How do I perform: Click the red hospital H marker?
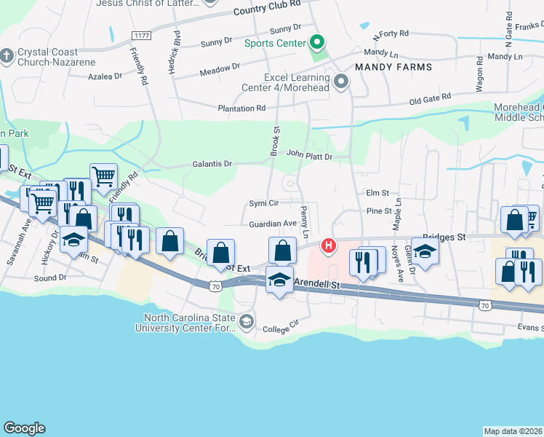pos(329,246)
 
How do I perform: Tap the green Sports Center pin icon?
pos(316,43)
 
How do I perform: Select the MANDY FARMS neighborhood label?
pos(393,67)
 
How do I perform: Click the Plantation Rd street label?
pos(242,109)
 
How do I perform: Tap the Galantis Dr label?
pos(212,164)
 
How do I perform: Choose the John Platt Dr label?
pos(309,155)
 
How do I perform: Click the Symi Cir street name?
pos(264,202)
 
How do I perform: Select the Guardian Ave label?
pos(273,224)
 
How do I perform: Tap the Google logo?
pos(24,428)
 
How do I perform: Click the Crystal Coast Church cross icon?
pos(7,56)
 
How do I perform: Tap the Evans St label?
pos(532,328)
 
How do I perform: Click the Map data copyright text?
pos(513,431)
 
